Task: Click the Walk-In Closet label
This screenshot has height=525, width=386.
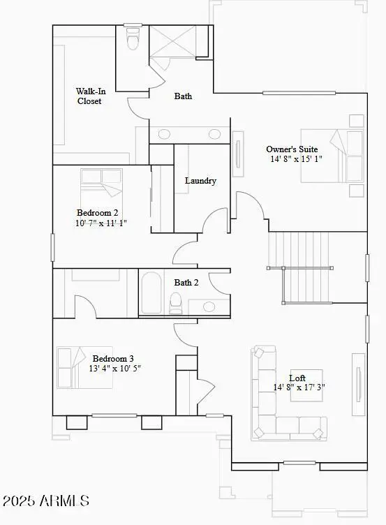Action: click(x=89, y=96)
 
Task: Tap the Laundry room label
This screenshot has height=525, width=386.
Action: click(x=200, y=181)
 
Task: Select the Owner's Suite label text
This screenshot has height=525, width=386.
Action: click(x=292, y=149)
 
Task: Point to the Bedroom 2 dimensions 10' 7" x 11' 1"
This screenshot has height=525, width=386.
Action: click(x=101, y=223)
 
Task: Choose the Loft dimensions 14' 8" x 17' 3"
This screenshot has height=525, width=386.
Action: click(x=299, y=387)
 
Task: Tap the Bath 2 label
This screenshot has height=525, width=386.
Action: click(x=186, y=283)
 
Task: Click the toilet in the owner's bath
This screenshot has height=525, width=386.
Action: click(x=132, y=40)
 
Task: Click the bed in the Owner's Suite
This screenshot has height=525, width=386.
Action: click(x=332, y=155)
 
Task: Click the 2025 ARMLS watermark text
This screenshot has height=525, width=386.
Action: click(x=46, y=501)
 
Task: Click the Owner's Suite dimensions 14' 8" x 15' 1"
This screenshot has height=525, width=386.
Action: click(x=297, y=159)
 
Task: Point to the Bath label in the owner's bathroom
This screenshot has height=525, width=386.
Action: click(x=183, y=96)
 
